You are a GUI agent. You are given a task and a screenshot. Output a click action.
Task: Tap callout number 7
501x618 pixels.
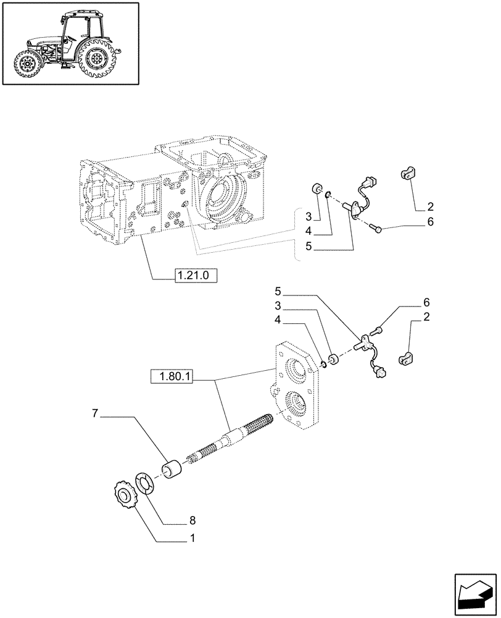pyautogui.click(x=96, y=413)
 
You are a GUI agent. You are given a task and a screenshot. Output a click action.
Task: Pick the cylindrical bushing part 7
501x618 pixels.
pyautogui.click(x=174, y=469)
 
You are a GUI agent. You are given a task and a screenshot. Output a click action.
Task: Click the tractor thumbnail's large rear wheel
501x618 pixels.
pyautogui.click(x=96, y=60)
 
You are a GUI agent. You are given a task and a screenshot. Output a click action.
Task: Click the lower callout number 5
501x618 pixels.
pyautogui.click(x=278, y=291)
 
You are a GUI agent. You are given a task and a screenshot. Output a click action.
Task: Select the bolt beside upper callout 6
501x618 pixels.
pyautogui.click(x=376, y=229)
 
